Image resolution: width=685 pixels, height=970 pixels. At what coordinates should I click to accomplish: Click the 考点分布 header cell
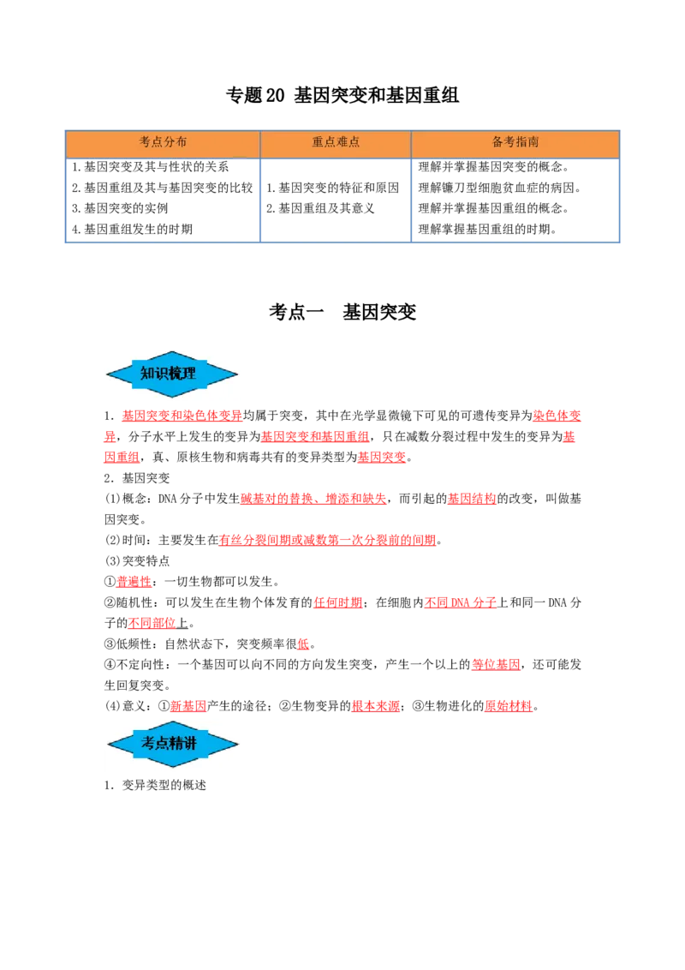pyautogui.click(x=163, y=143)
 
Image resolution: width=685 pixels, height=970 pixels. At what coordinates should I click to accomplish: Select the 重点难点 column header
pyautogui.click(x=336, y=143)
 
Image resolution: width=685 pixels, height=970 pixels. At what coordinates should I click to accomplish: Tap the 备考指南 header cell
pyautogui.click(x=515, y=143)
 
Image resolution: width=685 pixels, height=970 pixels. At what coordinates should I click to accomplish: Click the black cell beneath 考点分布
pyautogui.click(x=161, y=201)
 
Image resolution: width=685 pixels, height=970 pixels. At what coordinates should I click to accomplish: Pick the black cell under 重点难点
pyautogui.click(x=336, y=201)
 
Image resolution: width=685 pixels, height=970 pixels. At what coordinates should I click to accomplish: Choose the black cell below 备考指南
pyautogui.click(x=516, y=201)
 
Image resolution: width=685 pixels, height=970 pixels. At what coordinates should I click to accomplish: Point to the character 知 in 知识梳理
pyautogui.click(x=147, y=374)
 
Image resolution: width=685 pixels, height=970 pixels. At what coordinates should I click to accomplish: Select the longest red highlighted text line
pyautogui.click(x=328, y=541)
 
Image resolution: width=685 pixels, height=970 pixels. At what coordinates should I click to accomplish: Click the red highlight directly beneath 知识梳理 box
pyautogui.click(x=182, y=416)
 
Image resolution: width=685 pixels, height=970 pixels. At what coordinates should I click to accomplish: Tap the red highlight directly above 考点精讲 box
pyautogui.click(x=188, y=706)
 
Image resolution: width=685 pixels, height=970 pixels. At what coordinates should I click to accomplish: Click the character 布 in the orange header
pyautogui.click(x=181, y=142)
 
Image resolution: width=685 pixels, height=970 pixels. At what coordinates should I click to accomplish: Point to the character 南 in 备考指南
pyautogui.click(x=533, y=142)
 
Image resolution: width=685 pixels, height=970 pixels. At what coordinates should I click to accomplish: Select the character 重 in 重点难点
pyautogui.click(x=318, y=142)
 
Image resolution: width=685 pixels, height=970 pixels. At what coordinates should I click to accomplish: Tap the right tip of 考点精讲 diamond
pyautogui.click(x=237, y=744)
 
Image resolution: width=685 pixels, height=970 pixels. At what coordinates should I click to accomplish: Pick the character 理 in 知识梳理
pyautogui.click(x=189, y=374)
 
